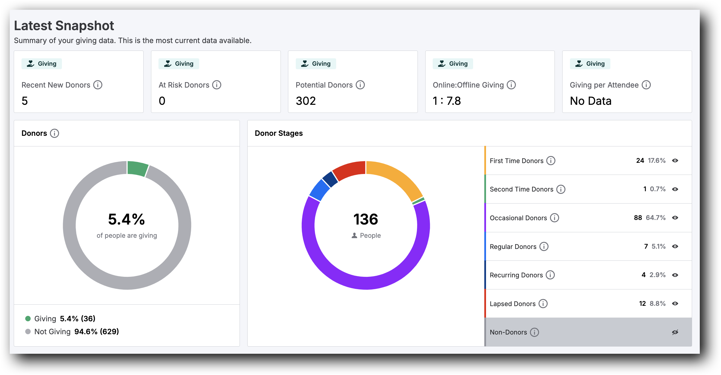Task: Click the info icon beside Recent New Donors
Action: coord(98,85)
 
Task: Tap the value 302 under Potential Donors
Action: coord(305,101)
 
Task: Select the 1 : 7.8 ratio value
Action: coord(446,101)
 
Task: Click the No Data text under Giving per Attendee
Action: coord(590,101)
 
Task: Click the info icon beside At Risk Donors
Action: coord(217,85)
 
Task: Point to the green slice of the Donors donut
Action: coord(137,169)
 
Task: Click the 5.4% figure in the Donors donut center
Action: coord(126,219)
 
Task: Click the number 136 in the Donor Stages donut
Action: coord(366,219)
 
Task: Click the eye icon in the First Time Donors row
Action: coord(675,161)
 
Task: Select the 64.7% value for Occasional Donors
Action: coord(656,218)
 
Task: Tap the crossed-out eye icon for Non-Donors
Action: coord(675,332)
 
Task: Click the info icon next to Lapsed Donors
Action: coord(543,304)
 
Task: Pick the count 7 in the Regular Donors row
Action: coord(646,246)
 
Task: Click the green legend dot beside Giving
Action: coord(28,318)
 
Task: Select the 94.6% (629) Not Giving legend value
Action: coord(97,332)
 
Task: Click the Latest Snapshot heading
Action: coord(64,26)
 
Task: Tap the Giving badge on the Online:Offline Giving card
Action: coord(453,64)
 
